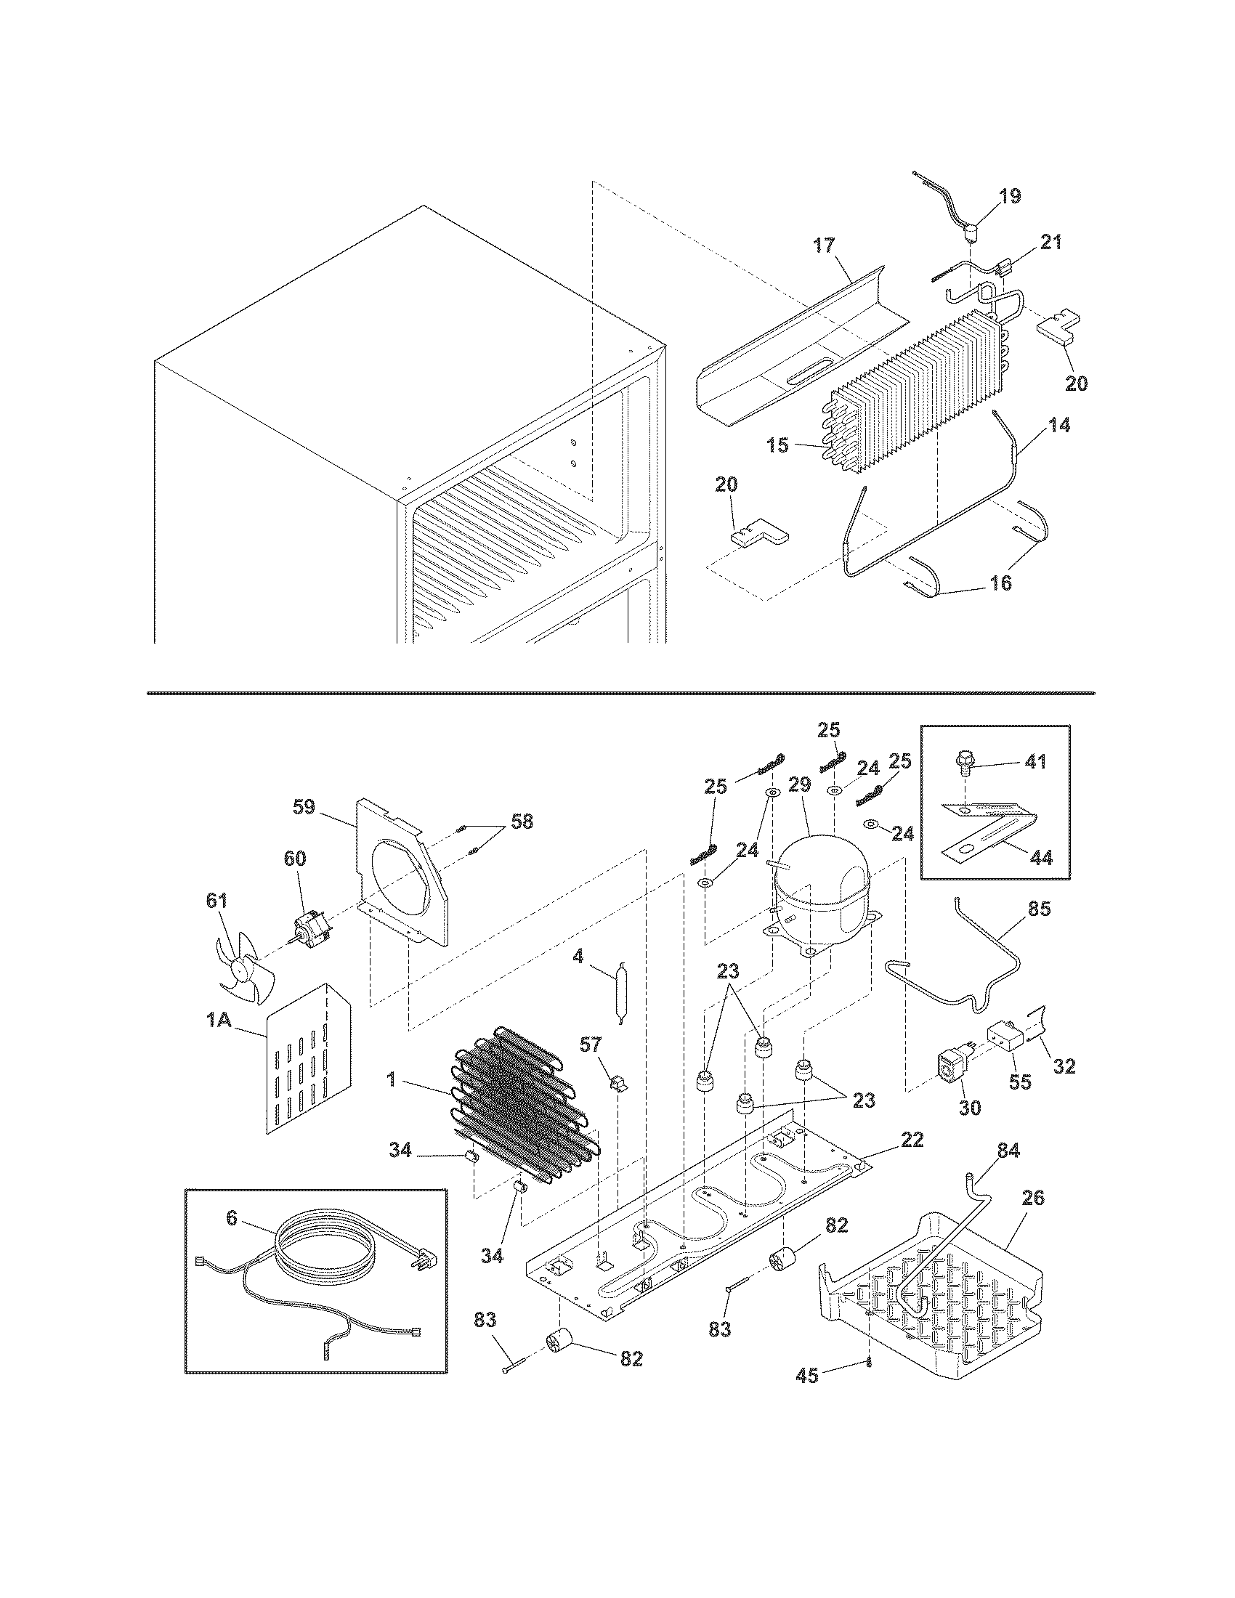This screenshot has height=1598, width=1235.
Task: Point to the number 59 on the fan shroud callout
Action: click(304, 807)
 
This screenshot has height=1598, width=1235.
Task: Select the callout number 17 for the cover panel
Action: click(824, 245)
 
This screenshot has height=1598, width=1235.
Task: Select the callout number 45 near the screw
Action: click(806, 1376)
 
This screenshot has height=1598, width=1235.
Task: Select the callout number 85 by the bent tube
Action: click(1039, 909)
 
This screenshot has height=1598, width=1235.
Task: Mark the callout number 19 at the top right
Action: click(1010, 196)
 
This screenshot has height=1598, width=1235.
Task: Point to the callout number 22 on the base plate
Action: click(912, 1140)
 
